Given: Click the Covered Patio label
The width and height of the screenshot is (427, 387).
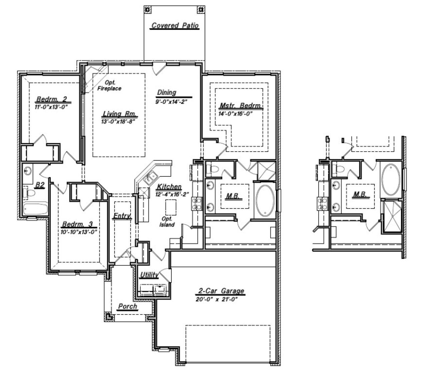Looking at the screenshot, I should coord(175,26).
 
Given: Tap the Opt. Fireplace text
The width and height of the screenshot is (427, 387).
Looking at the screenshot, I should coord(109,85).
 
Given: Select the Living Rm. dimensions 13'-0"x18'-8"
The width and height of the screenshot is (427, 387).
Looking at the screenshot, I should coord(118,122).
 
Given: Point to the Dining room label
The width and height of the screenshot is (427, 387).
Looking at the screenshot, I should coord(167,92).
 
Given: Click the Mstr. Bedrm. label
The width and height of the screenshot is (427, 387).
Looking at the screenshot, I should coord(241,106).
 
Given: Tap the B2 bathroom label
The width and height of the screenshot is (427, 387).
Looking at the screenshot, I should coord(40,185).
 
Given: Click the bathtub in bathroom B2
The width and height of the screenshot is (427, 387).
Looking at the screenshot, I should coord(35,210).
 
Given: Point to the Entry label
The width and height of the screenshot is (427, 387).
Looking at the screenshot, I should coord(121,216).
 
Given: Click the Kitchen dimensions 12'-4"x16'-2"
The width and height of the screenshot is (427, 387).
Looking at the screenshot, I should coord(171,194).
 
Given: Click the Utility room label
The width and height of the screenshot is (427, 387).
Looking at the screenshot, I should coord(149,275).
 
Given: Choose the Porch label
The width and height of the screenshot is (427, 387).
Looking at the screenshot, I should coord(127,306).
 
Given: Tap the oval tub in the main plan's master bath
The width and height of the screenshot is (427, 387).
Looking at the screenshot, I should coord(265,200).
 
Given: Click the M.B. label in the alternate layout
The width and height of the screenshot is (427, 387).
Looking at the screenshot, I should coord(360,194).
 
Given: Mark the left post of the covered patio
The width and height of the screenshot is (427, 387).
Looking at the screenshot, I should coord(147,9).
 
